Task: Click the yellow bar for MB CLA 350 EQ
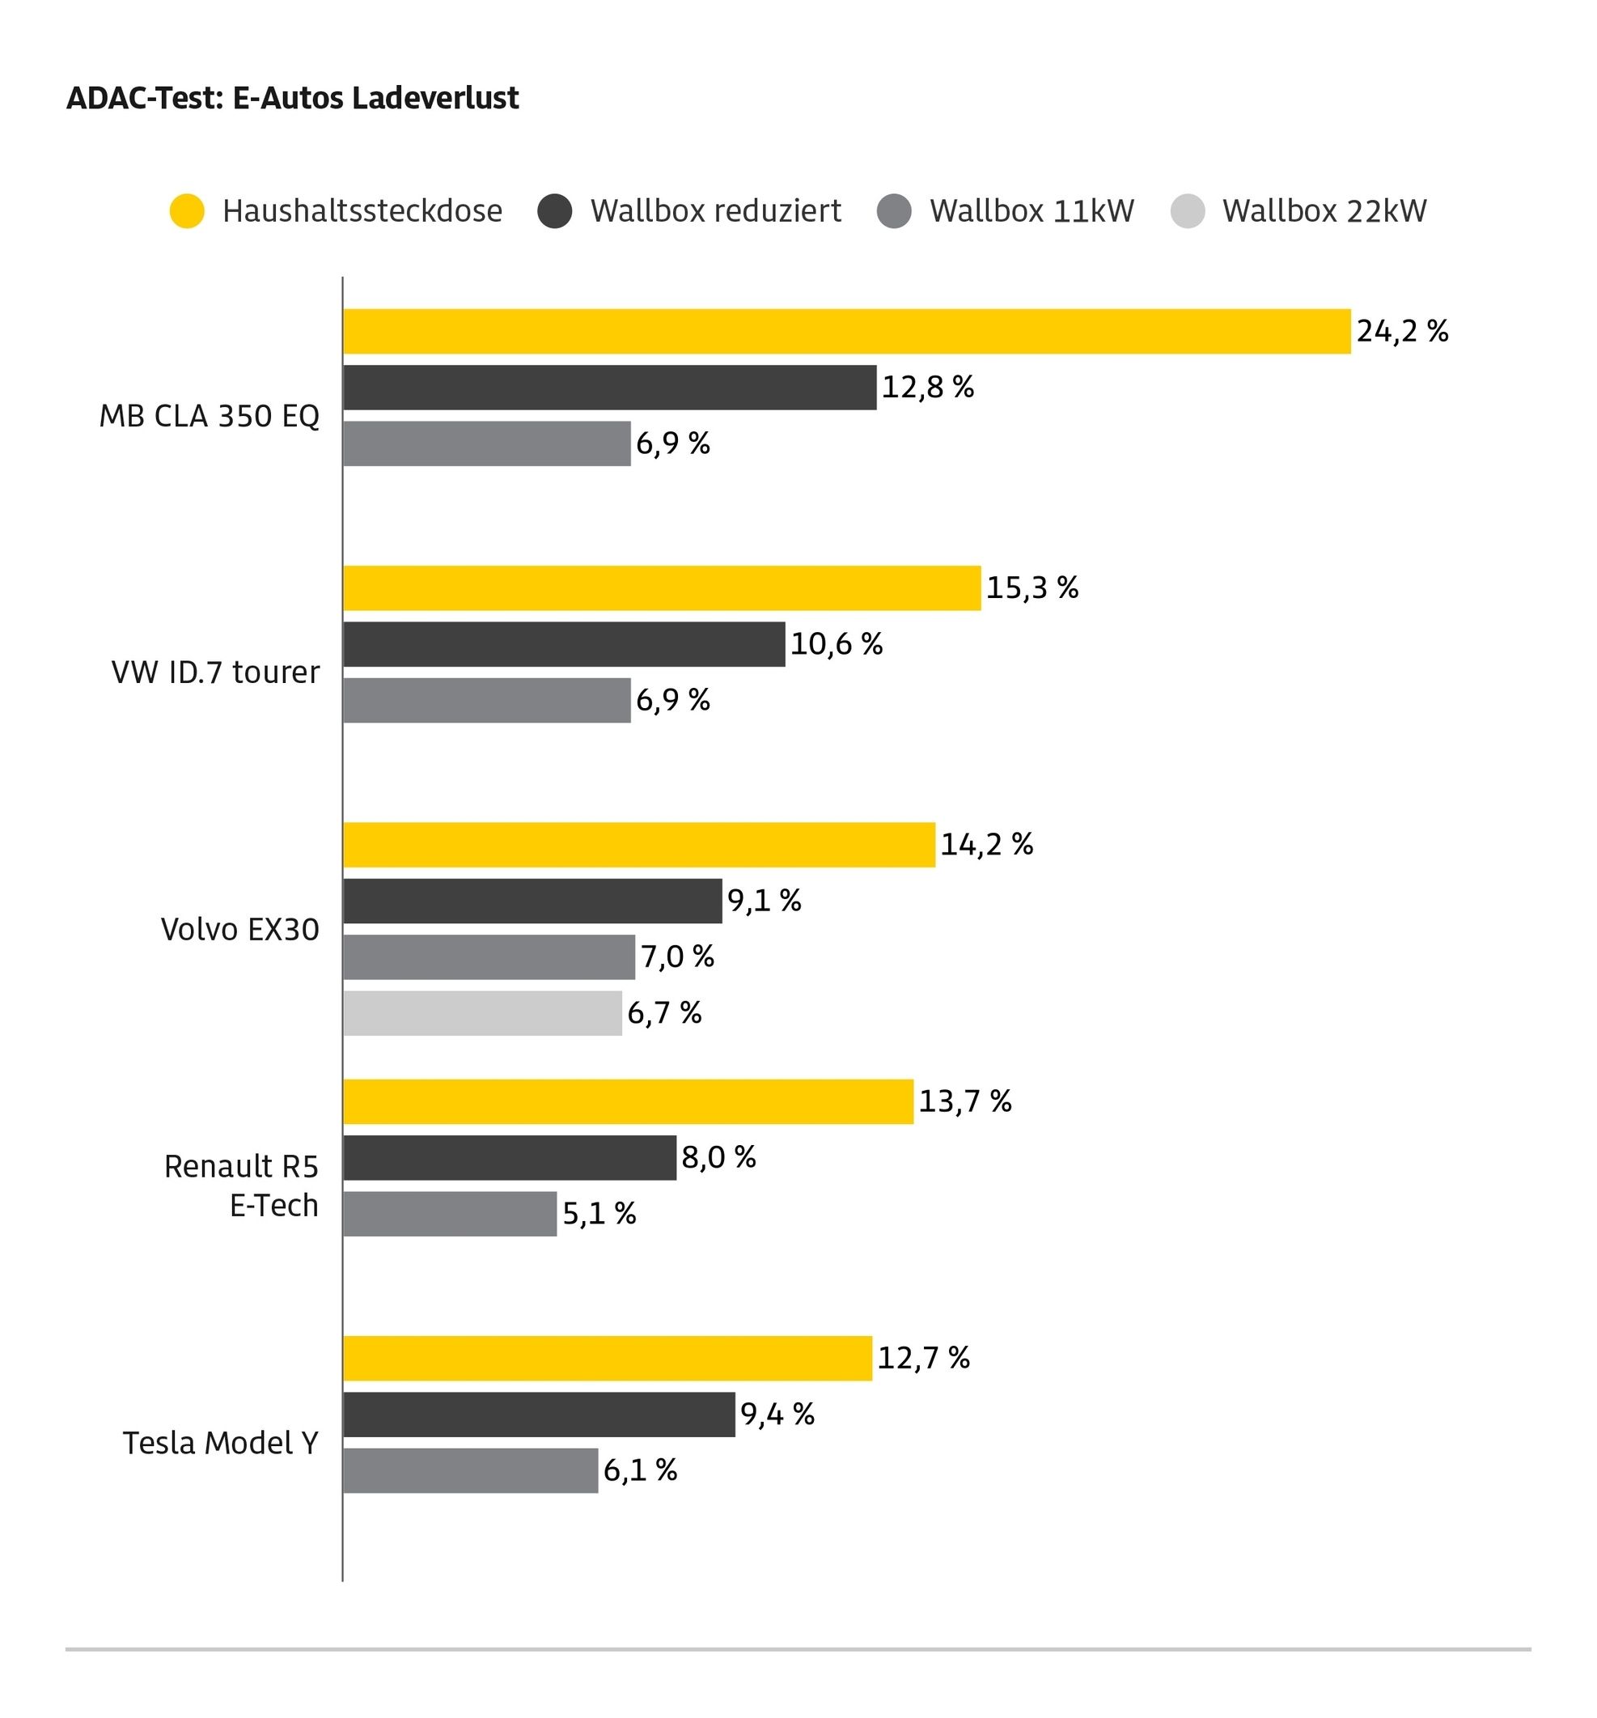click(847, 331)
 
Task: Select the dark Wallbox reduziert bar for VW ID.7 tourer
click(565, 644)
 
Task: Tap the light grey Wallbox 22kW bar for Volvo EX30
click(483, 1013)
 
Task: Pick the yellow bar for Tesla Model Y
click(608, 1359)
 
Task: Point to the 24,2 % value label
click(1403, 331)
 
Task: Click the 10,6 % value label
click(837, 644)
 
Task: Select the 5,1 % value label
click(599, 1214)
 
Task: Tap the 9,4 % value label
click(777, 1415)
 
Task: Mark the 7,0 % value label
click(677, 957)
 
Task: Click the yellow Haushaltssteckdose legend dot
click(187, 211)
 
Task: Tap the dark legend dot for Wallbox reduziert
click(555, 211)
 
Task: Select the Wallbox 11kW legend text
click(1031, 211)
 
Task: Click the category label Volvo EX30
click(240, 930)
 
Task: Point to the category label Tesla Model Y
click(220, 1443)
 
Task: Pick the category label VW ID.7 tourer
click(215, 672)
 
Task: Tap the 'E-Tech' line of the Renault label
click(274, 1206)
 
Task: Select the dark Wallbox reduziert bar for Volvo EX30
click(532, 901)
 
